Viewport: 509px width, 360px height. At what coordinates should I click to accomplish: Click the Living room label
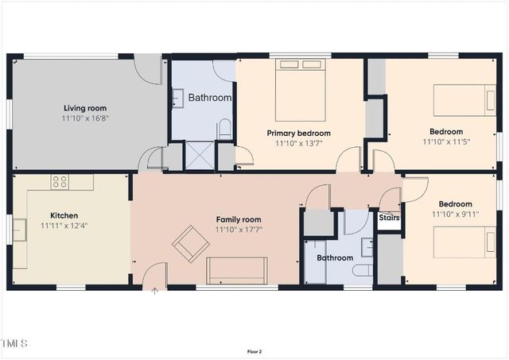pyautogui.click(x=85, y=108)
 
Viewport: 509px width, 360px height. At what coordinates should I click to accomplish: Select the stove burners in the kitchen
pyautogui.click(x=60, y=182)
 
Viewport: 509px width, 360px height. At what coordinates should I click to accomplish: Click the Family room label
pyautogui.click(x=239, y=219)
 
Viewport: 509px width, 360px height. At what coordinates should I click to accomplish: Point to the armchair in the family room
pyautogui.click(x=191, y=243)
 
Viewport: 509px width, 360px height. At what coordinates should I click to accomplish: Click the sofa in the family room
pyautogui.click(x=237, y=270)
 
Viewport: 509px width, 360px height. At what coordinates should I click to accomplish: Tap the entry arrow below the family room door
pyautogui.click(x=155, y=291)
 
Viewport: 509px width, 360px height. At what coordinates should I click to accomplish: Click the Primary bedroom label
pyautogui.click(x=298, y=133)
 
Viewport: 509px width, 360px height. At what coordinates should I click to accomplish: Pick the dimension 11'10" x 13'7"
pyautogui.click(x=298, y=144)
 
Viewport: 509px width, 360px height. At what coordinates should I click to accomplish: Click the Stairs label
pyautogui.click(x=389, y=217)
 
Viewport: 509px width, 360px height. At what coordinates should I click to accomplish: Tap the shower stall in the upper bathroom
pyautogui.click(x=200, y=155)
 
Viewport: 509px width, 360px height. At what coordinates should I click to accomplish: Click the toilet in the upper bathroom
pyautogui.click(x=225, y=129)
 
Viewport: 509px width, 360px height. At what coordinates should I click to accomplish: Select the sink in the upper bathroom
pyautogui.click(x=178, y=99)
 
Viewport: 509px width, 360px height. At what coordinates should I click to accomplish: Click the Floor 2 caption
pyautogui.click(x=254, y=350)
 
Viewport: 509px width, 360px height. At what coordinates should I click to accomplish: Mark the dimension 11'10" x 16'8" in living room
pyautogui.click(x=85, y=118)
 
